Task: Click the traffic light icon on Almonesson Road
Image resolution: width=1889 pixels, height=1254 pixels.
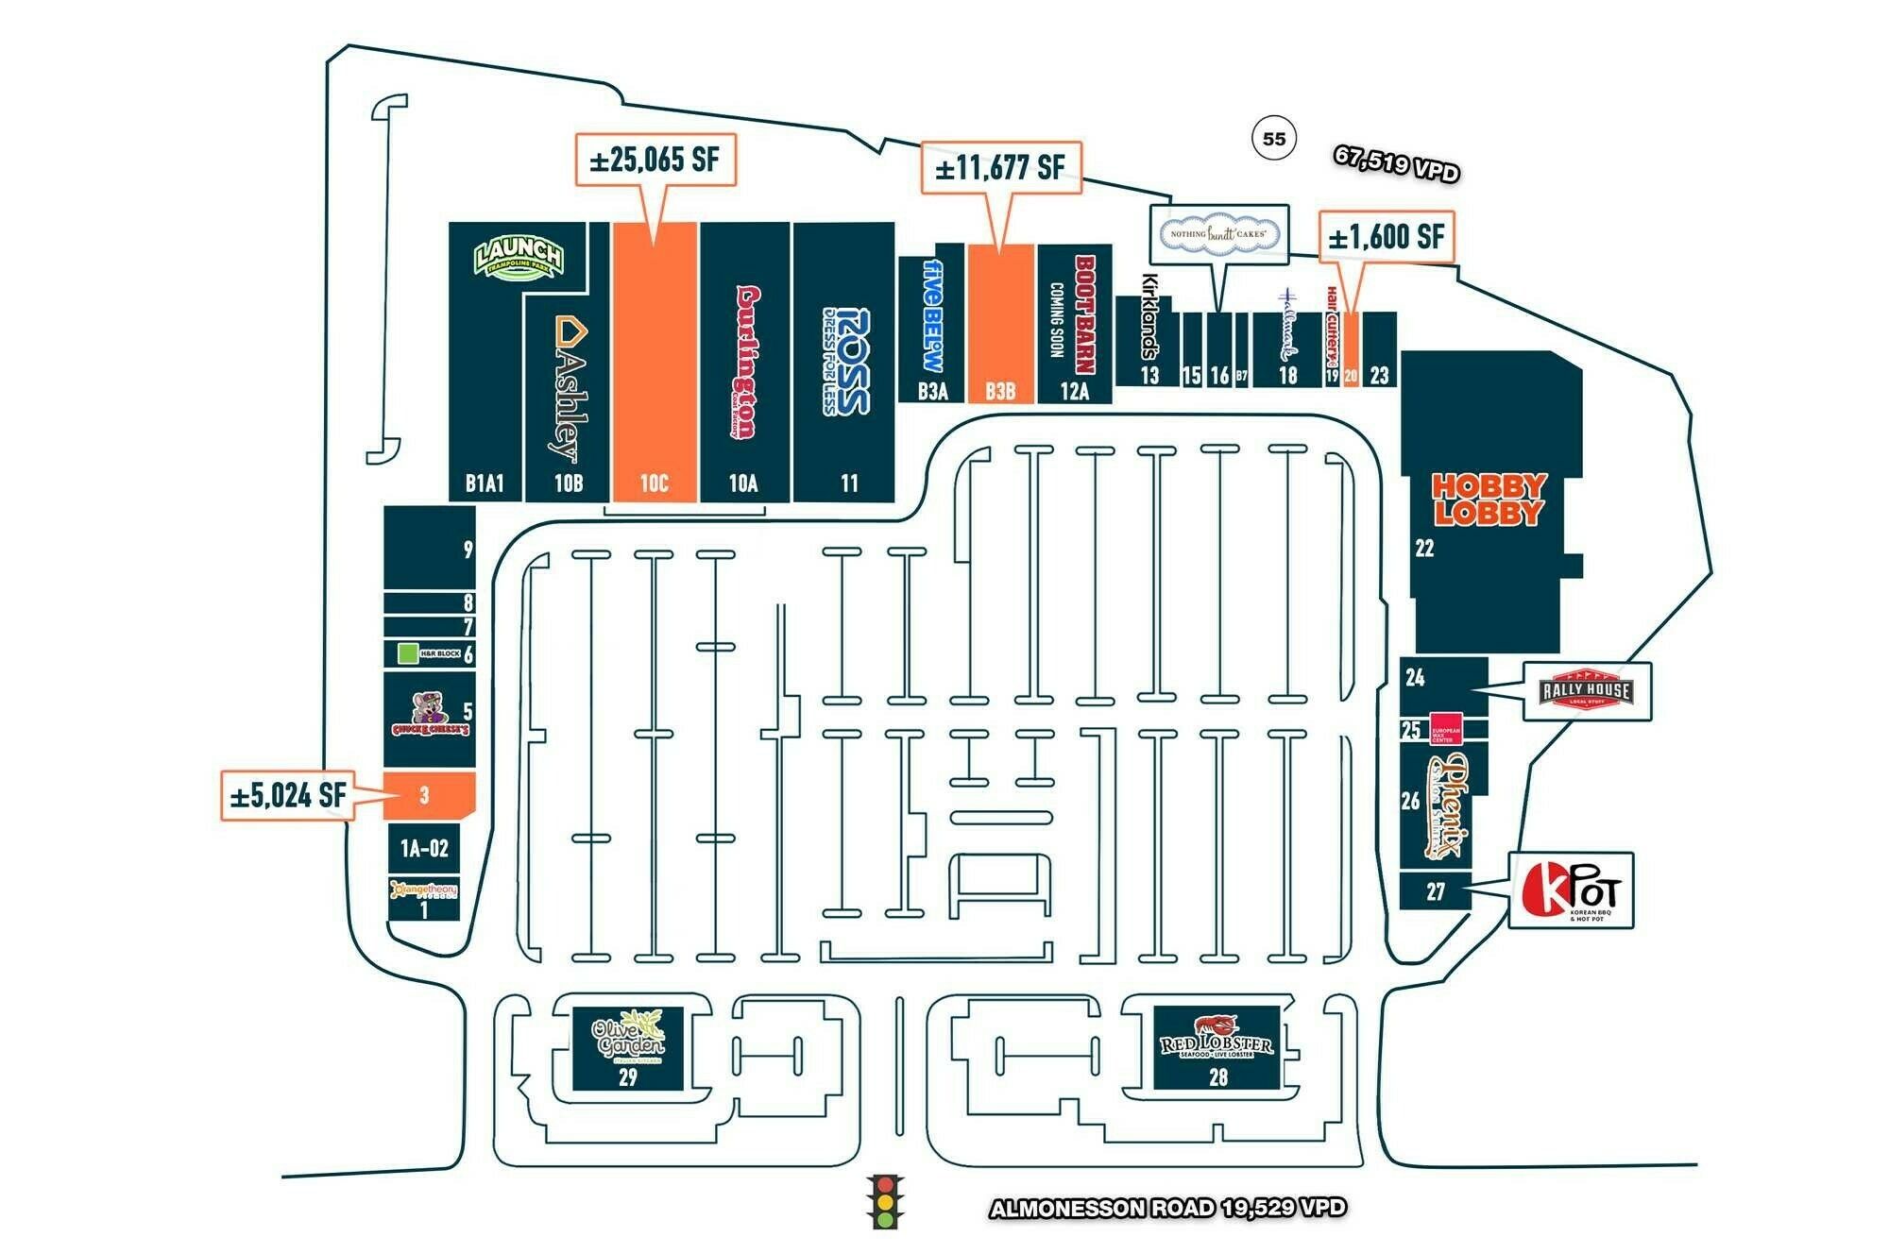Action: (x=884, y=1201)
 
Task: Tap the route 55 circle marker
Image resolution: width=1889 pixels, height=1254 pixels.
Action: (x=1274, y=139)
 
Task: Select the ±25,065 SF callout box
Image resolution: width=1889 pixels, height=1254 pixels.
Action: (x=655, y=160)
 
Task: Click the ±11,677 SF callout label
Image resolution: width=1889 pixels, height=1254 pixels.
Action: (x=1000, y=168)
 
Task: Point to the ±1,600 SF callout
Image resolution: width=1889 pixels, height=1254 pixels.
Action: (x=1386, y=236)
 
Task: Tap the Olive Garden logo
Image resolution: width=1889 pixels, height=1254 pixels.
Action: (x=628, y=1038)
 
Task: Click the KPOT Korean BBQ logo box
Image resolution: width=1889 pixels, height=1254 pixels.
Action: (x=1570, y=890)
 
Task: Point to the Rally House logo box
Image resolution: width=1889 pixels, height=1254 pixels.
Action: (x=1587, y=691)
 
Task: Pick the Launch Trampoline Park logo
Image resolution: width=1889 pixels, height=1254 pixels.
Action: (x=519, y=256)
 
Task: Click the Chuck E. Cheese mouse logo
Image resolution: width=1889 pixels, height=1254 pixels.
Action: (x=430, y=716)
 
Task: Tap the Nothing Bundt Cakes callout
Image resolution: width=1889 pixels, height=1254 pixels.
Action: (x=1218, y=233)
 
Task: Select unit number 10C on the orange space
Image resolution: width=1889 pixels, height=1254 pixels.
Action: (x=654, y=483)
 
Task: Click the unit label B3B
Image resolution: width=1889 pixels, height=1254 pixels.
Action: (x=1000, y=391)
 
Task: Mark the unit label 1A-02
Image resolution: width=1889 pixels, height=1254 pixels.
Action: (x=424, y=848)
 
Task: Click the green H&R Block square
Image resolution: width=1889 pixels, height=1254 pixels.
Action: (x=408, y=652)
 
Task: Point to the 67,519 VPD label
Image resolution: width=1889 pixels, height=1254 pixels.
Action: (x=1396, y=163)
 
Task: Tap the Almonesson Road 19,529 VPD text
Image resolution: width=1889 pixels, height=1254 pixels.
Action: (x=1167, y=1208)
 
